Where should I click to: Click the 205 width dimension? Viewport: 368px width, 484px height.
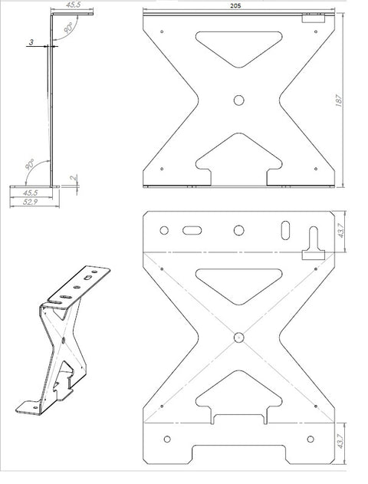pos(235,6)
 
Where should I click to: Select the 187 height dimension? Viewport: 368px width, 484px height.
pos(339,100)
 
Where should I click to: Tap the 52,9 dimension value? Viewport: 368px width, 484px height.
pos(30,202)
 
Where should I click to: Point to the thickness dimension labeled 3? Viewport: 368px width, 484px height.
pos(31,41)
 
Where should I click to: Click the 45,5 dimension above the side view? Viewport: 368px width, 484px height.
pos(73,5)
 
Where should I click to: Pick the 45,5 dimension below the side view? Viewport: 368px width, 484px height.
pos(30,193)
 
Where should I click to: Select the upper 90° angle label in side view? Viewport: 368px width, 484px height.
pos(68,28)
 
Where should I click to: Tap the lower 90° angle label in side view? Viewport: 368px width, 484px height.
pos(30,164)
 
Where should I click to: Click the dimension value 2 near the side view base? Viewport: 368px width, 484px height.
pos(74,178)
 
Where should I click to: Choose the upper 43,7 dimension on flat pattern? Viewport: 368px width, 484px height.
pos(340,231)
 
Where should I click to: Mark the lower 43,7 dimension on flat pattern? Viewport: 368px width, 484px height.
pos(340,442)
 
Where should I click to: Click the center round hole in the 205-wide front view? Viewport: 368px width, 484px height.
pos(238,100)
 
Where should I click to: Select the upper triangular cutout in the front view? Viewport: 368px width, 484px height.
pos(239,47)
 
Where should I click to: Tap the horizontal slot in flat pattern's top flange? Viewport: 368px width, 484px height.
pos(192,231)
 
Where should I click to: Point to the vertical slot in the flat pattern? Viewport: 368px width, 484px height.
pos(286,230)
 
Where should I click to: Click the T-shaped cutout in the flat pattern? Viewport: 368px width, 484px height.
pos(314,244)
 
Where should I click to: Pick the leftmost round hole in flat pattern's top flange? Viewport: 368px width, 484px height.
pos(164,230)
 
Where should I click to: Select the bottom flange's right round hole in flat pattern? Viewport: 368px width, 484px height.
pos(310,439)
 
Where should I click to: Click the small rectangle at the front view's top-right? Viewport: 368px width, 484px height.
pos(314,18)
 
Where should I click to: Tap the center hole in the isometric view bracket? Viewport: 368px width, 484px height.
pos(64,340)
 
